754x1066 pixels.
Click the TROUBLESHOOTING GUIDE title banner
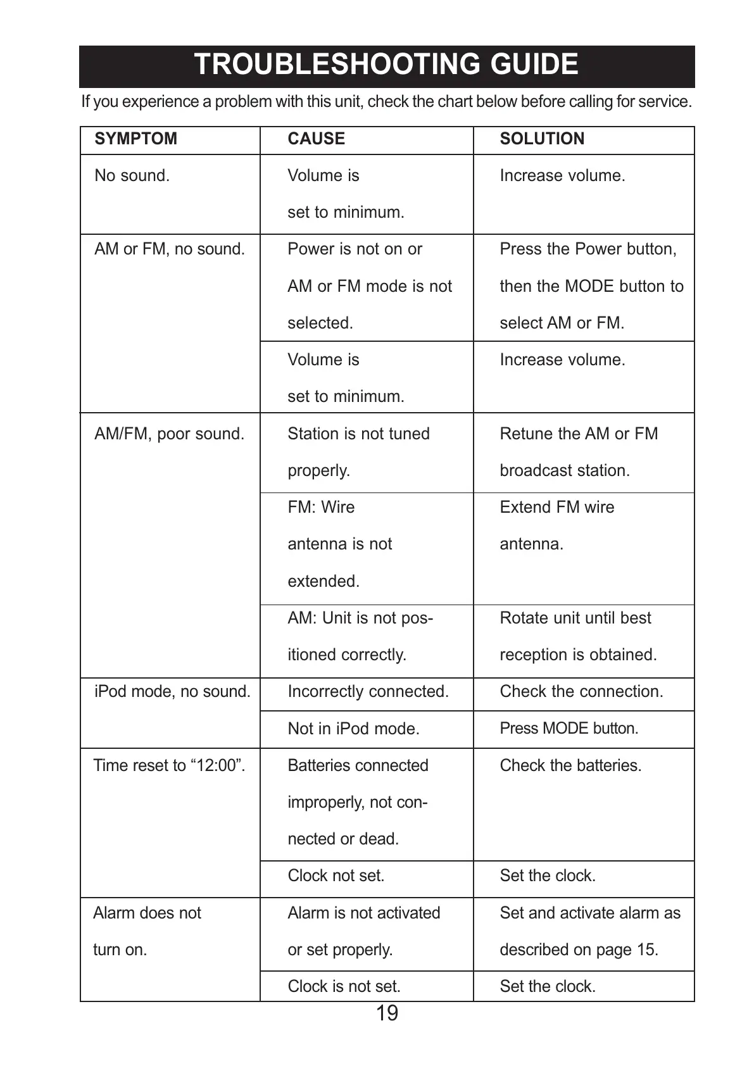[x=386, y=65]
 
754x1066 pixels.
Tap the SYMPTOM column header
[x=135, y=139]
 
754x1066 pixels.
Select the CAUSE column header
[x=316, y=139]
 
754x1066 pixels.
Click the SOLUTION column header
[x=542, y=139]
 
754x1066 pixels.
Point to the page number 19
[x=387, y=1013]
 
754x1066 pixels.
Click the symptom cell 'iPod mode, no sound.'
[x=172, y=691]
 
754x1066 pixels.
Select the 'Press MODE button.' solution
[x=569, y=729]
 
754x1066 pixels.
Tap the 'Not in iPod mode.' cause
[x=353, y=729]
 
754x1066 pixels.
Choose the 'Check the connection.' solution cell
[x=581, y=691]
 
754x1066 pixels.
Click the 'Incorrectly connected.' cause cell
[x=368, y=691]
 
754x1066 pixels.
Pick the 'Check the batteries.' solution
[x=570, y=765]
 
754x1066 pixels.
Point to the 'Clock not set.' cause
[x=336, y=876]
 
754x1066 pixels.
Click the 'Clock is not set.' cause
[x=344, y=986]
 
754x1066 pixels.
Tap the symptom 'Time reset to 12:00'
[x=169, y=765]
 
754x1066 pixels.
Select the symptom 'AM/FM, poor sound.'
[x=169, y=434]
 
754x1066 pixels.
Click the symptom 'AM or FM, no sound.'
[x=169, y=249]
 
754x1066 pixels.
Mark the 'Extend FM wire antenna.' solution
[x=556, y=525]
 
